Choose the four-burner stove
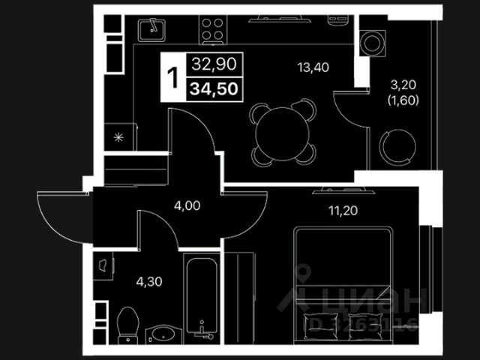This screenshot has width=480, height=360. point(211,30)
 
